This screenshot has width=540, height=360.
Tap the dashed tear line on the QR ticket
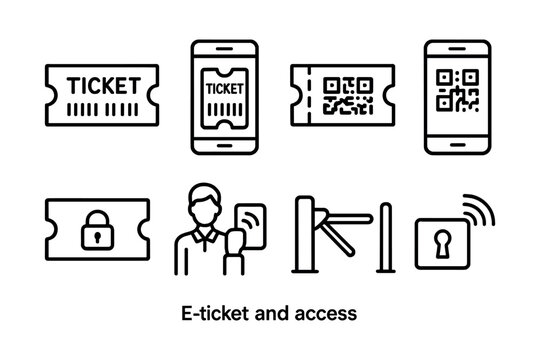click(x=312, y=94)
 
